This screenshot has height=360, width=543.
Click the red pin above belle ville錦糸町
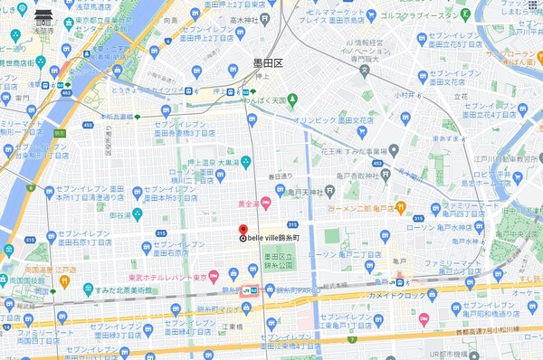point(242,229)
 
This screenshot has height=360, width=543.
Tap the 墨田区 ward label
point(267,64)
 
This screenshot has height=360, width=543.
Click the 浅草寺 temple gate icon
point(43,15)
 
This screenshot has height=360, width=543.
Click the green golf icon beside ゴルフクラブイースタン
point(464,15)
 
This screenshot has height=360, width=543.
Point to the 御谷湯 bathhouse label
point(121,215)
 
